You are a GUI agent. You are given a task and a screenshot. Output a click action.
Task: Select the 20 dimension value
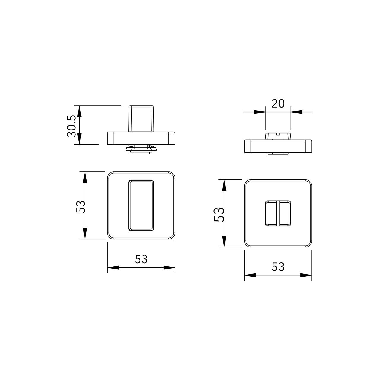pos(278,103)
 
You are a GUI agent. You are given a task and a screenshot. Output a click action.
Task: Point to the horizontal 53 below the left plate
pos(141,259)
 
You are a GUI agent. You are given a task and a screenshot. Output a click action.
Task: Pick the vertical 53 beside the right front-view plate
pos(218,214)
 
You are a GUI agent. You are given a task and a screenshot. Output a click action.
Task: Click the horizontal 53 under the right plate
pos(278,267)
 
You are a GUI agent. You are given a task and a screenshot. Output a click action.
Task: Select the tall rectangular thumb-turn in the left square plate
pos(141,205)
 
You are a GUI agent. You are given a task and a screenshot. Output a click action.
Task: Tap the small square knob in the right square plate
pos(278,213)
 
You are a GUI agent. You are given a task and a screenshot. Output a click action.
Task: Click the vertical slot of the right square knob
pos(278,213)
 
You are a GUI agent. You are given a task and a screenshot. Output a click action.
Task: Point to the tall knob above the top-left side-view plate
pos(141,118)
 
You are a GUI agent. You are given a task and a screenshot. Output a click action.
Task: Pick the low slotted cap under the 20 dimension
pos(278,136)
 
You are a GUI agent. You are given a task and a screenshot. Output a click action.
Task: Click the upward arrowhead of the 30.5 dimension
pos(79,111)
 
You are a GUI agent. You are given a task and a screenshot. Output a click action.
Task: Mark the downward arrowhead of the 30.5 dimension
pos(79,139)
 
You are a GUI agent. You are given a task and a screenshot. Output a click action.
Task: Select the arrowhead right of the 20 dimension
pos(296,112)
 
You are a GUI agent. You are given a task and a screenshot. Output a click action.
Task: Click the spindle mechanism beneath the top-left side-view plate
pos(141,149)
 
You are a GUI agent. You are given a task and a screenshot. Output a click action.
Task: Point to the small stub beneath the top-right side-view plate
pos(278,153)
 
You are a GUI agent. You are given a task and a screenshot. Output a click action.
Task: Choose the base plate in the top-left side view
pos(141,138)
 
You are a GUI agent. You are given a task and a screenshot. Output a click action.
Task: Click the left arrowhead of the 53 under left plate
pos(113,267)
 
